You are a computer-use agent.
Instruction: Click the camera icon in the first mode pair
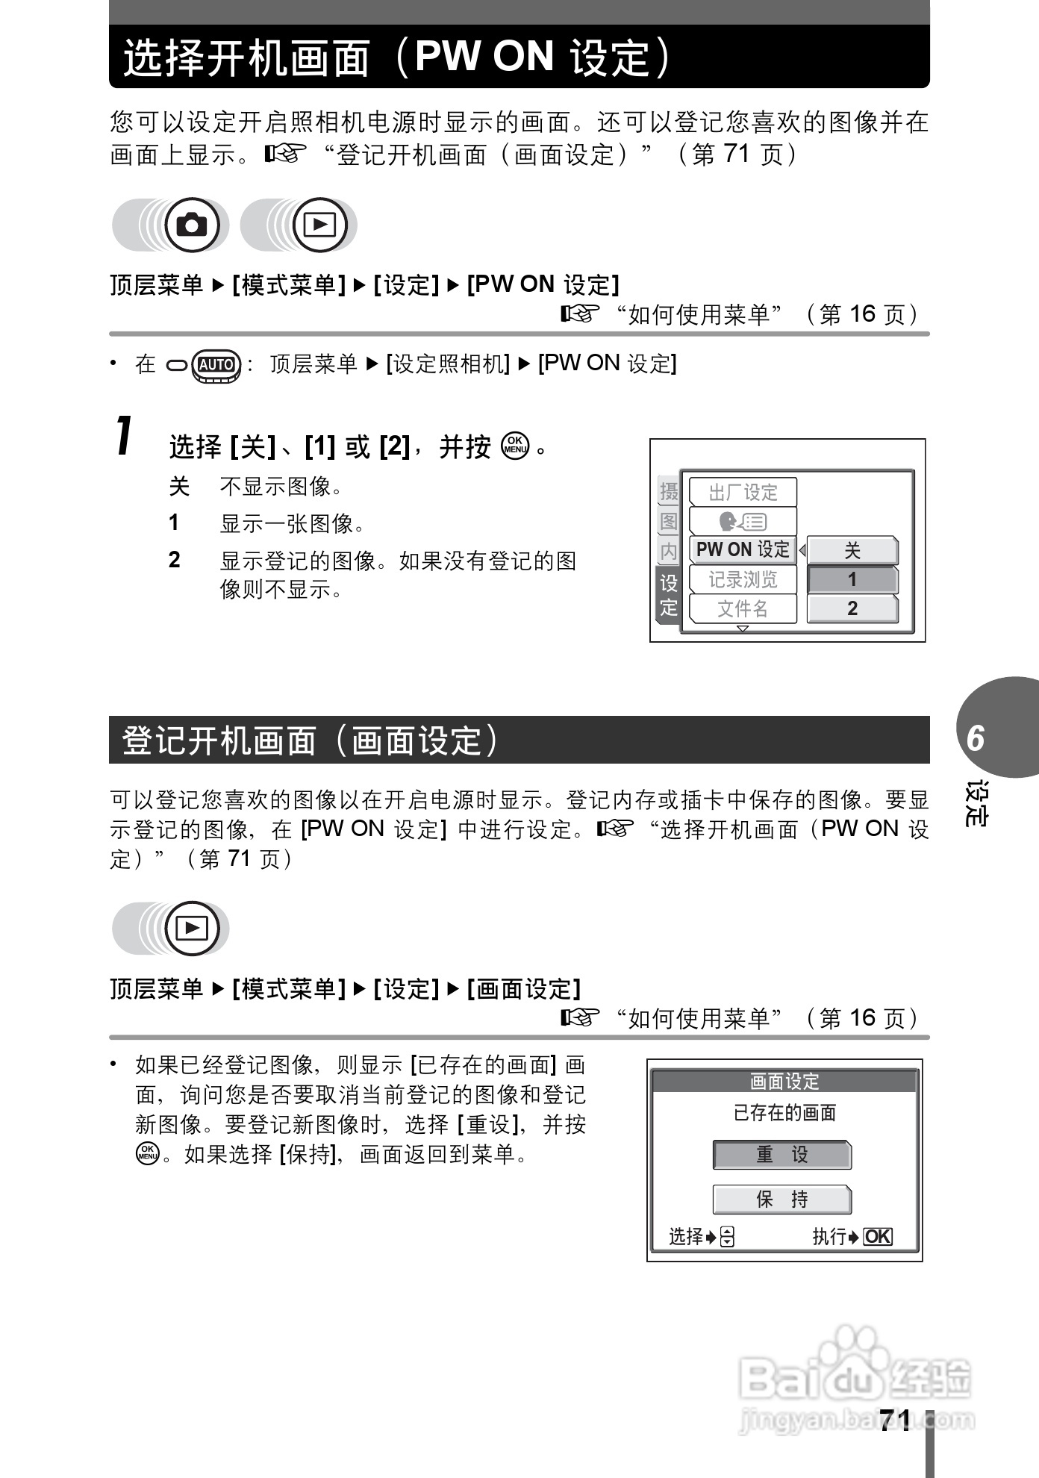[x=193, y=225]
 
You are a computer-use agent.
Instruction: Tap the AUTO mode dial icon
[x=216, y=365]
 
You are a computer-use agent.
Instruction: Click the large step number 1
[x=125, y=436]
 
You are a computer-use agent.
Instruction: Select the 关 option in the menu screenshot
[x=852, y=551]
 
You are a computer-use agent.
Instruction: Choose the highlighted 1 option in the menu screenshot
[x=852, y=580]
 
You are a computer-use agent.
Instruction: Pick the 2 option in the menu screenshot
[x=852, y=609]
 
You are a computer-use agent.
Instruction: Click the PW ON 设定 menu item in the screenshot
[x=743, y=550]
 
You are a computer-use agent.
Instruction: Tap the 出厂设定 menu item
[x=743, y=493]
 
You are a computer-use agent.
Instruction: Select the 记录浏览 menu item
[x=743, y=580]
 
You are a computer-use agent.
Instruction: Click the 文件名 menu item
[x=743, y=609]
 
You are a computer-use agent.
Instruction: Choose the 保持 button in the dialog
[x=781, y=1199]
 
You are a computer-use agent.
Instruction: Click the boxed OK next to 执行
[x=878, y=1237]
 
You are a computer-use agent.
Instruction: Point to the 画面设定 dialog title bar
[x=784, y=1081]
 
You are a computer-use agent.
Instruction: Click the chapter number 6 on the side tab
[x=976, y=738]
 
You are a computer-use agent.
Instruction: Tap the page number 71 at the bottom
[x=894, y=1419]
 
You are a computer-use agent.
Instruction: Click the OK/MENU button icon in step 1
[x=515, y=446]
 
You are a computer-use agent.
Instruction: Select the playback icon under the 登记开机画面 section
[x=193, y=929]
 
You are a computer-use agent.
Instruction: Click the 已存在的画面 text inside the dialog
[x=784, y=1113]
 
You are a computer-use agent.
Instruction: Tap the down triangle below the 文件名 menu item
[x=742, y=629]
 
